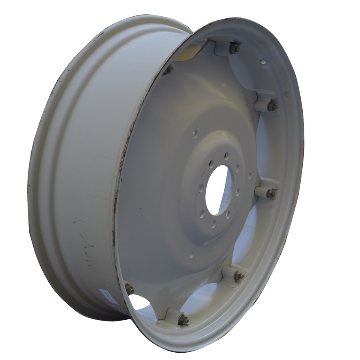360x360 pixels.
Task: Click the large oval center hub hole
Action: (219, 191)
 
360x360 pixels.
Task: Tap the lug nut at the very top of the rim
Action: (235, 49)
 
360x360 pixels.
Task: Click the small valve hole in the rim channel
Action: (263, 62)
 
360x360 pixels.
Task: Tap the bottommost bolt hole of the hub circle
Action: (213, 223)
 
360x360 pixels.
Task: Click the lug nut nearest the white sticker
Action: (129, 289)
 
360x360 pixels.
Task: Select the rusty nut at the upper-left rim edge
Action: (169, 69)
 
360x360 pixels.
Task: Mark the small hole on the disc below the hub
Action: (191, 254)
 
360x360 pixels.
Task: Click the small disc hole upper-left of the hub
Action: (195, 133)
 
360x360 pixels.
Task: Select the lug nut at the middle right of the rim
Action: (271, 194)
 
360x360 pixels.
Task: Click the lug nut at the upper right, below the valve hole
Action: (271, 106)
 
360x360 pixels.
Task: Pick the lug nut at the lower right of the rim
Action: (239, 276)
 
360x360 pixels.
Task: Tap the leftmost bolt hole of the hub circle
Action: (201, 188)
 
